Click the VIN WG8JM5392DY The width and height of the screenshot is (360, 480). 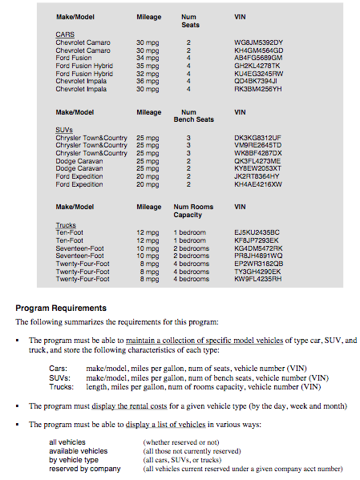(258, 42)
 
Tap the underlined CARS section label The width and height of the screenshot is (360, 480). (65, 34)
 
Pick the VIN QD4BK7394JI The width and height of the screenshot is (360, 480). (256, 81)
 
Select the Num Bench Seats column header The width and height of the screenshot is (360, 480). (193, 116)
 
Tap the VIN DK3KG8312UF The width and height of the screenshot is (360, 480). (257, 138)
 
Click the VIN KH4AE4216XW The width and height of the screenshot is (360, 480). (258, 184)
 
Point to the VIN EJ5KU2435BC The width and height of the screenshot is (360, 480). (257, 232)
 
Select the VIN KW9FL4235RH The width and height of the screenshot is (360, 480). (258, 279)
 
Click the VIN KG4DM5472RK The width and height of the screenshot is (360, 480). (258, 248)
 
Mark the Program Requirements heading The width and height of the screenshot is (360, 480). (61, 308)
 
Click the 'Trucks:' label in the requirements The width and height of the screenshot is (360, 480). (62, 386)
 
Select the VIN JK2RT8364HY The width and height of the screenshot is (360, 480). (257, 176)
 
